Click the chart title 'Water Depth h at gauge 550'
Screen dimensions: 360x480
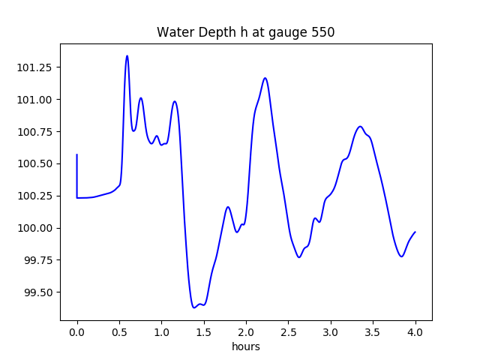tap(245, 33)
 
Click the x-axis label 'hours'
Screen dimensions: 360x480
tap(245, 346)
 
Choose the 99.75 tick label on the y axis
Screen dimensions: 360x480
tap(39, 260)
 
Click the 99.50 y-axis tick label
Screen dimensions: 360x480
tap(39, 292)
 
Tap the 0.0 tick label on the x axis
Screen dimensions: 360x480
tap(77, 331)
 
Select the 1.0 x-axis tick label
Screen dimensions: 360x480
tap(161, 331)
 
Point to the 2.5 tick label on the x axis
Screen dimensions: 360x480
tap(289, 331)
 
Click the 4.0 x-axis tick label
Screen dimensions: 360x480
tap(415, 331)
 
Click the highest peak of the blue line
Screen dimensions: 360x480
tap(127, 55)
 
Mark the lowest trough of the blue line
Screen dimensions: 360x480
tap(193, 307)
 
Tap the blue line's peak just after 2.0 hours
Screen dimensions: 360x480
tap(265, 78)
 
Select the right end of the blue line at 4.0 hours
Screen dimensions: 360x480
tap(415, 232)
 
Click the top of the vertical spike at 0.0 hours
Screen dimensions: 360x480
tap(77, 154)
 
